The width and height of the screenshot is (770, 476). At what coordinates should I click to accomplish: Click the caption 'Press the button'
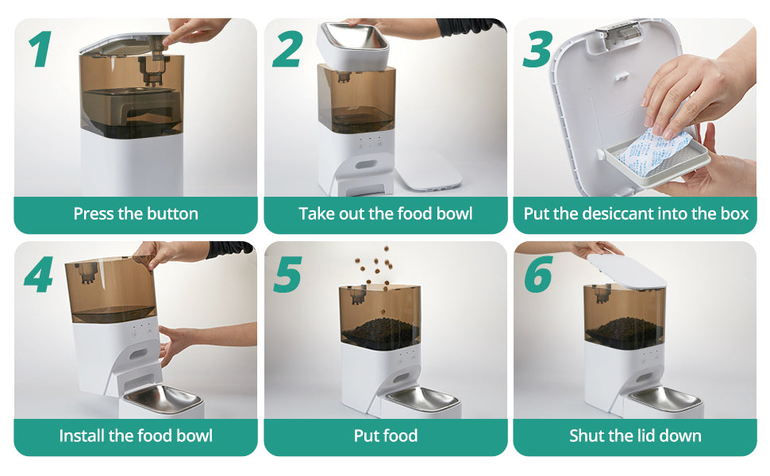click(x=136, y=213)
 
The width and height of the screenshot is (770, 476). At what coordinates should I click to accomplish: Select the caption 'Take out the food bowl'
click(x=385, y=213)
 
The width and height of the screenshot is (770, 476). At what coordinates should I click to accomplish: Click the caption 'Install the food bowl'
click(x=136, y=436)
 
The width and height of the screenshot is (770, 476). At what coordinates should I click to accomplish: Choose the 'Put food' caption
click(x=385, y=436)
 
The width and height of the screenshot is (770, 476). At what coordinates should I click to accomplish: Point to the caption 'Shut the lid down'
click(x=635, y=436)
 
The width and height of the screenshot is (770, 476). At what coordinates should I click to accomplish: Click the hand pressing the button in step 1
click(x=194, y=32)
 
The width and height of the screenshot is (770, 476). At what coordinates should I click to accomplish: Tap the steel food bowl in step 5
click(x=421, y=398)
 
